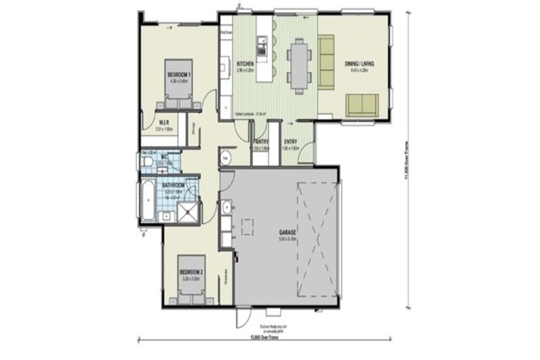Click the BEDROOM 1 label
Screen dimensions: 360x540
tap(180, 75)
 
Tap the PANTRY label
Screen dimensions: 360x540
tap(261, 143)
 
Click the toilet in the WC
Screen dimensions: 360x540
tap(146, 162)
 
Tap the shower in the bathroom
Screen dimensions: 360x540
tap(187, 212)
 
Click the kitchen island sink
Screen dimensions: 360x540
tap(262, 48)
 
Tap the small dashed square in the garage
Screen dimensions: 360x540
tap(247, 226)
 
